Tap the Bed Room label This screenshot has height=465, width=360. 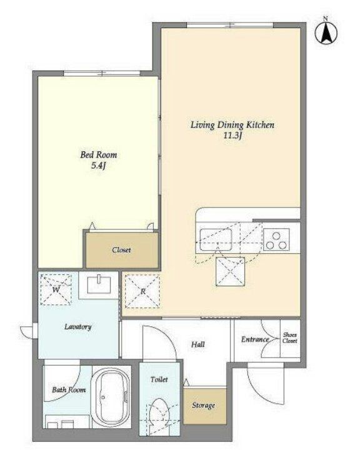click(x=99, y=155)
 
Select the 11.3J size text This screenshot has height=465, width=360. click(x=233, y=136)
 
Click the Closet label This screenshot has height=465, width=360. click(x=122, y=250)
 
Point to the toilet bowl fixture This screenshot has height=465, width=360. click(x=159, y=414)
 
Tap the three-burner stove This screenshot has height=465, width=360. click(x=276, y=239)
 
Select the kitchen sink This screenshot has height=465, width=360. click(x=216, y=239)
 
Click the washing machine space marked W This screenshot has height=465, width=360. click(x=56, y=289)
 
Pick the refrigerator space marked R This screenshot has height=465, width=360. click(x=142, y=291)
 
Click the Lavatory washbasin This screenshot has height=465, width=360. click(x=99, y=285)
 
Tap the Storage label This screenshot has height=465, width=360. click(x=203, y=406)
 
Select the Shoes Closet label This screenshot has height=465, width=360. click(x=289, y=337)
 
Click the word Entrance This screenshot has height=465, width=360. click(x=255, y=339)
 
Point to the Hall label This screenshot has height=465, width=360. click(x=197, y=344)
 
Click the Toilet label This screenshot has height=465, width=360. click(x=159, y=379)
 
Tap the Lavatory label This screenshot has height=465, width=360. click(x=77, y=327)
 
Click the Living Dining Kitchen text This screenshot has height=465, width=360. click(x=232, y=125)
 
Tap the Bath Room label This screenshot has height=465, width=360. click(x=69, y=389)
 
